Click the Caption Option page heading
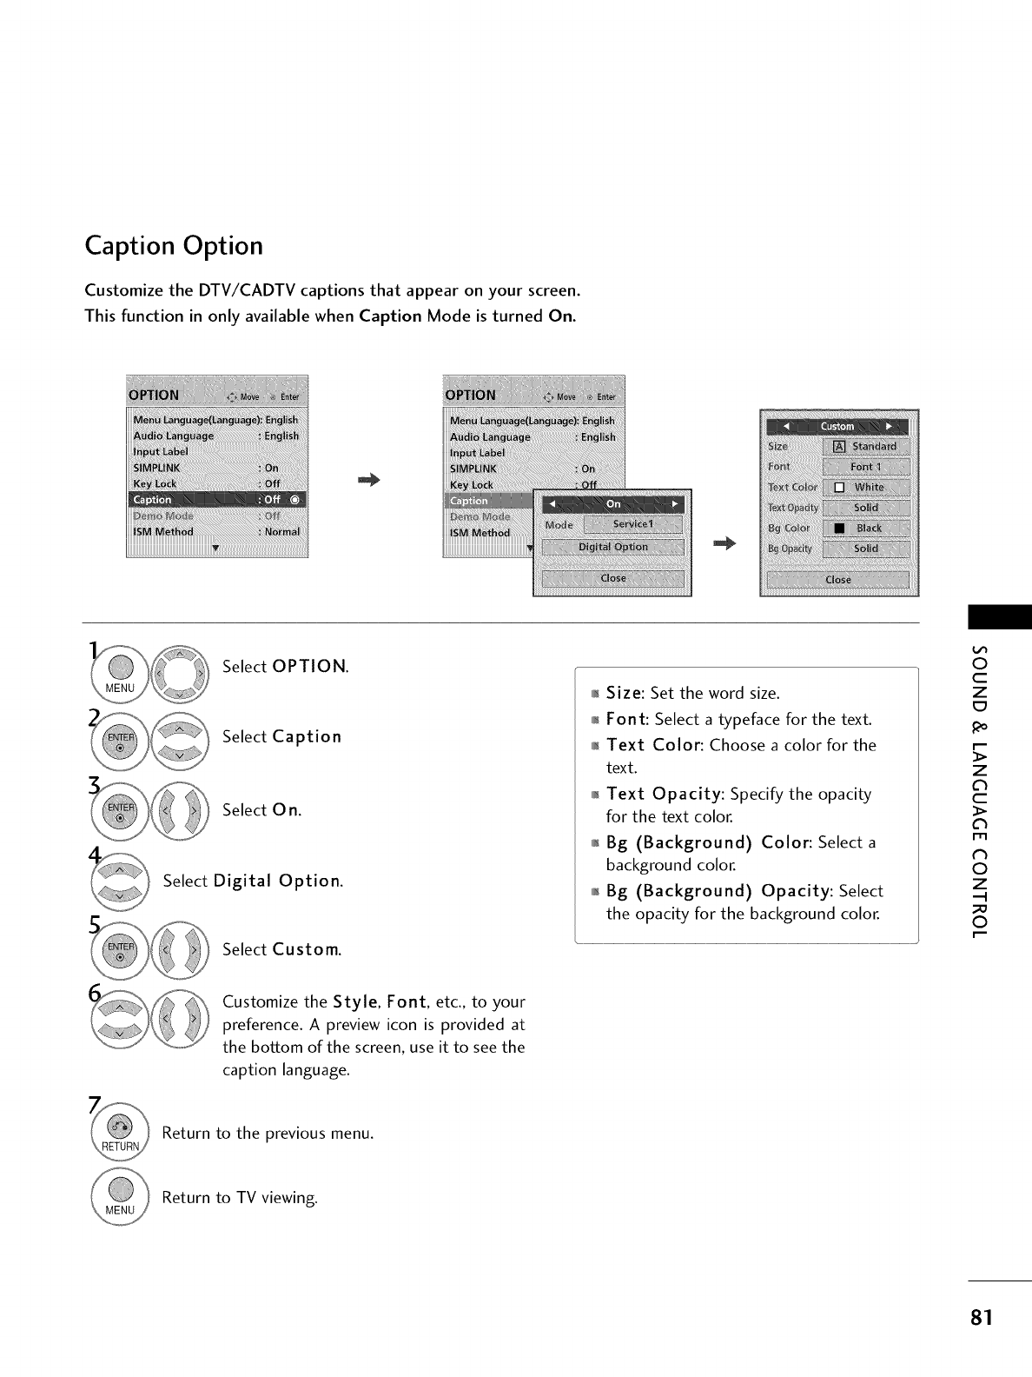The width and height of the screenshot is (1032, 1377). click(174, 246)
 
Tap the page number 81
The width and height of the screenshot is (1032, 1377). click(981, 1316)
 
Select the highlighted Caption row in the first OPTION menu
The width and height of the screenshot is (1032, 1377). click(217, 499)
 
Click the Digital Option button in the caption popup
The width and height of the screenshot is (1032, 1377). click(613, 547)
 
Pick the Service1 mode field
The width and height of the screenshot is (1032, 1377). click(633, 524)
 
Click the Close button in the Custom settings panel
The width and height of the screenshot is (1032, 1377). click(838, 580)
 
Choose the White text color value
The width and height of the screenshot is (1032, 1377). click(866, 488)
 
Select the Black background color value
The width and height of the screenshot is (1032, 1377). click(866, 528)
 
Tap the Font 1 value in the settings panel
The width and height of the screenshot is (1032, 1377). click(866, 467)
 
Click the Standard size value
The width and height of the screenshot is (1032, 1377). click(866, 447)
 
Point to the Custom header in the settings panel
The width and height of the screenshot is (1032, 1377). click(837, 426)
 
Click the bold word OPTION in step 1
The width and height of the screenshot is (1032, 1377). click(308, 667)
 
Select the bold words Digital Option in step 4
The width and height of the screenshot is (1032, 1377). click(277, 881)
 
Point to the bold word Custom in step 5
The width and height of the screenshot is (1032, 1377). click(306, 949)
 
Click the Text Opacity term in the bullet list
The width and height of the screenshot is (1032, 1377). click(665, 794)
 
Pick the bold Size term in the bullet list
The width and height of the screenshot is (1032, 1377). click(623, 693)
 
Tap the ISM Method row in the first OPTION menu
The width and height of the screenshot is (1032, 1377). click(217, 531)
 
